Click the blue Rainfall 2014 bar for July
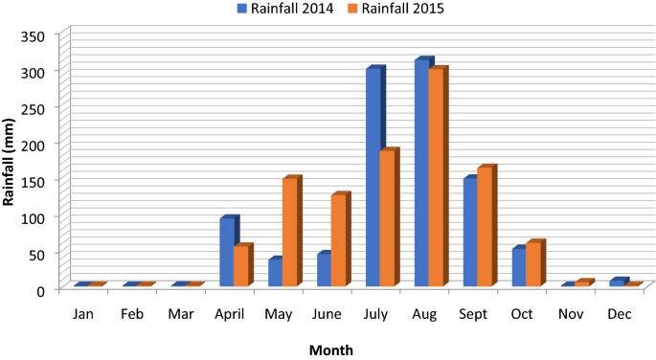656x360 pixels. (x=373, y=178)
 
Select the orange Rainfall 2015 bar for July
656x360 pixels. (x=388, y=218)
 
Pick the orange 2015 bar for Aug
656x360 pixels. (x=437, y=178)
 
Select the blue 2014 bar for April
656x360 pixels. (x=227, y=253)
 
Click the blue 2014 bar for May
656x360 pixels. (x=276, y=273)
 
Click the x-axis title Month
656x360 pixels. (x=331, y=349)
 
